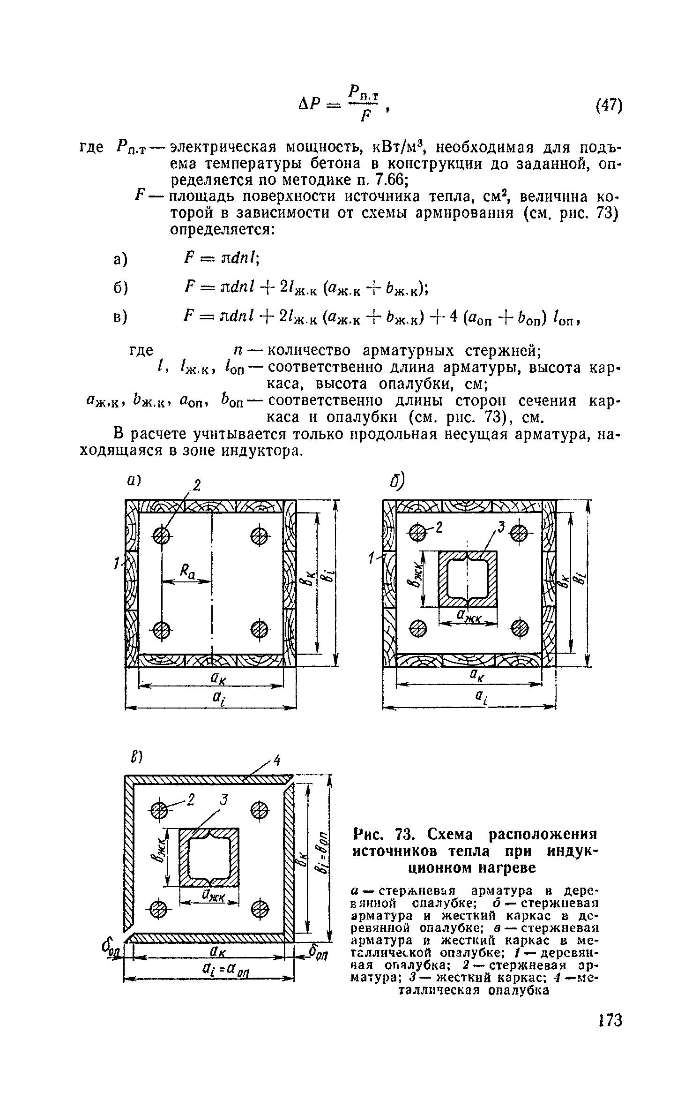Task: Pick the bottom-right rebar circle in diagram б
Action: point(520,628)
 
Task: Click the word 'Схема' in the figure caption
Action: point(450,835)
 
